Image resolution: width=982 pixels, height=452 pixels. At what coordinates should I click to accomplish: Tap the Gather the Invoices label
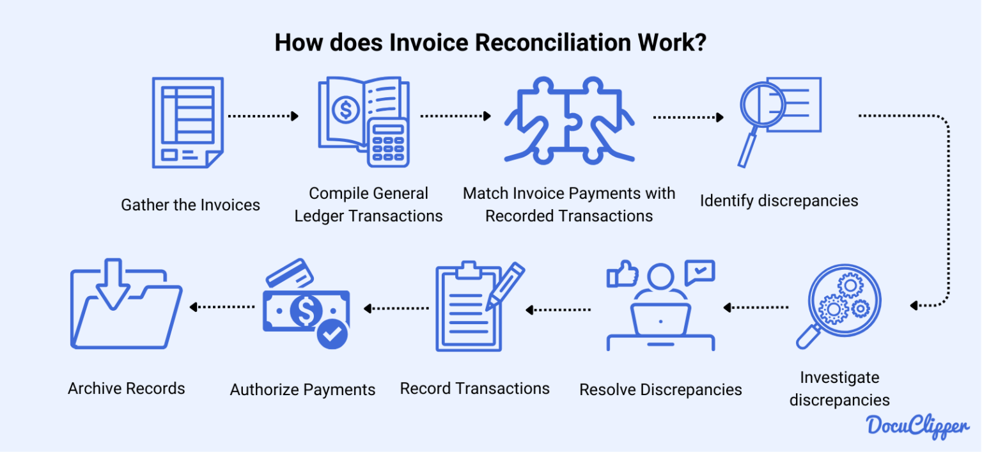pyautogui.click(x=191, y=205)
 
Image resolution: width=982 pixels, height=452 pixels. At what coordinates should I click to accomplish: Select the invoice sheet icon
pyautogui.click(x=187, y=122)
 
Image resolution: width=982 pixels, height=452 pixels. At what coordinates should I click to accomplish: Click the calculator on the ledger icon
pyautogui.click(x=388, y=141)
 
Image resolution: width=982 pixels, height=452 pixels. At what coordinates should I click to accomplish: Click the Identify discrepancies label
pyautogui.click(x=779, y=201)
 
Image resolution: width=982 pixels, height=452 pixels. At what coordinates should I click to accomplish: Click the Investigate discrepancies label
pyautogui.click(x=839, y=389)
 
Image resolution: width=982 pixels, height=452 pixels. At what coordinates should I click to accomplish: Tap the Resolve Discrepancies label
pyautogui.click(x=660, y=389)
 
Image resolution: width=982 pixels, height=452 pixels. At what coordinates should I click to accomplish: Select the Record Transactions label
pyautogui.click(x=474, y=388)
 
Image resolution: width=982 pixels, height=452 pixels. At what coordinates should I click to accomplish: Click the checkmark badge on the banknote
pyautogui.click(x=332, y=334)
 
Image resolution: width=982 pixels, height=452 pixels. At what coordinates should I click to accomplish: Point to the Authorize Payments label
pyautogui.click(x=302, y=389)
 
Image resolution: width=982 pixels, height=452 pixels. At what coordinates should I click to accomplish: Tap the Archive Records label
pyautogui.click(x=127, y=388)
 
